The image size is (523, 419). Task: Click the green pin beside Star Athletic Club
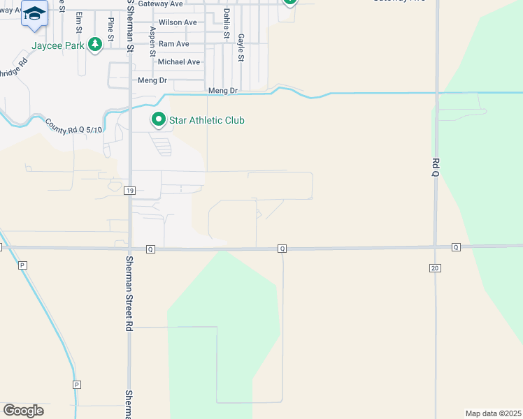(x=159, y=120)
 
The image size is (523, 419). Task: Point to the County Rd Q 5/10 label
(x=74, y=126)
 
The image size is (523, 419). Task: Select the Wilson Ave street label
(x=178, y=22)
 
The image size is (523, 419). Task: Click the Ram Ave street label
(x=173, y=43)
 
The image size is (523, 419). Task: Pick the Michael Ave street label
(x=179, y=62)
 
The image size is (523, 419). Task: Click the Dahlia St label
(x=226, y=24)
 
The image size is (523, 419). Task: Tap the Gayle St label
(x=241, y=47)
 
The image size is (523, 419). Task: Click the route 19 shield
(x=129, y=190)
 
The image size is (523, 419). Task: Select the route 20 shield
(x=435, y=268)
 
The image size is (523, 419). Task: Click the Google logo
(x=23, y=411)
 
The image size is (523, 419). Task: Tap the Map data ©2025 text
(x=493, y=413)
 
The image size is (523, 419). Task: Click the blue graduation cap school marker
(x=35, y=14)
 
